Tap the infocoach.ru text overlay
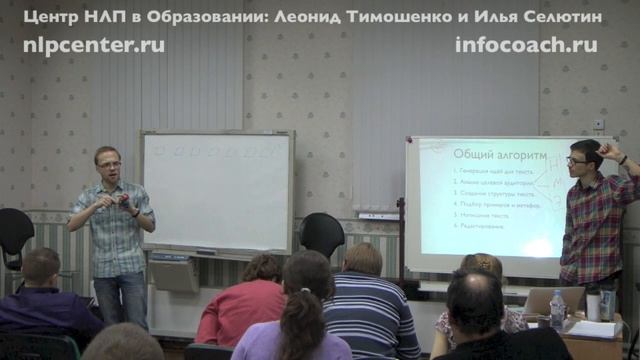pyautogui.click(x=526, y=45)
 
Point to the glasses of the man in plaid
pyautogui.click(x=577, y=160)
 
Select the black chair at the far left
pyautogui.click(x=14, y=236)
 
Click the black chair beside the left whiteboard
pyautogui.click(x=322, y=235)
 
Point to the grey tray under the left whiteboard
pyautogui.click(x=174, y=273)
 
